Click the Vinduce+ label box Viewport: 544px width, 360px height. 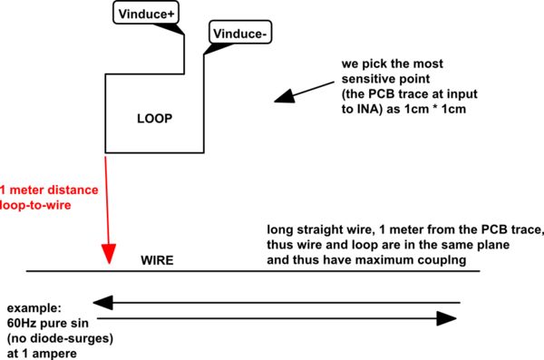coord(147,13)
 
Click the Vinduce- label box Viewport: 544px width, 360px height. coord(238,34)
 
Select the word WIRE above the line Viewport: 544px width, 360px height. coord(156,260)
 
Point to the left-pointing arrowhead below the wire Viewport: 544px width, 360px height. coord(104,302)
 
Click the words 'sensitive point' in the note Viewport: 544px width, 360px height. coord(382,81)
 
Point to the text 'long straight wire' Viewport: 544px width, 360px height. coord(317,229)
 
